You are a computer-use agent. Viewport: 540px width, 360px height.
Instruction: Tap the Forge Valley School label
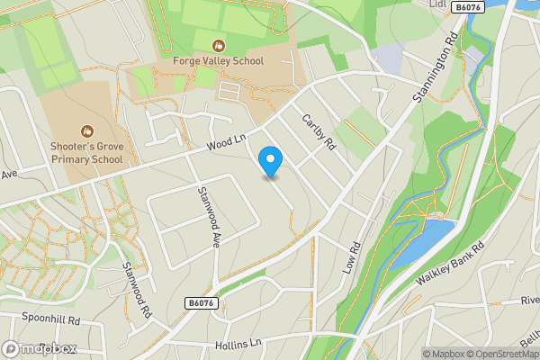[219, 61]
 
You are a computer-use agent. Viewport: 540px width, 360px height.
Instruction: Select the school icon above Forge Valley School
[219, 44]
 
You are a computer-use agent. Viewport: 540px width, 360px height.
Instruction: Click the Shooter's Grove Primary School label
[86, 153]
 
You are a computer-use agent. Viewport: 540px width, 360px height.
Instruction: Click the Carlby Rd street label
[319, 131]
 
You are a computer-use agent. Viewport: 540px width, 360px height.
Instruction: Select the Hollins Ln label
[238, 344]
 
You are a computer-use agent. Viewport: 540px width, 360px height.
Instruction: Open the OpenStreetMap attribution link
[502, 354]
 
